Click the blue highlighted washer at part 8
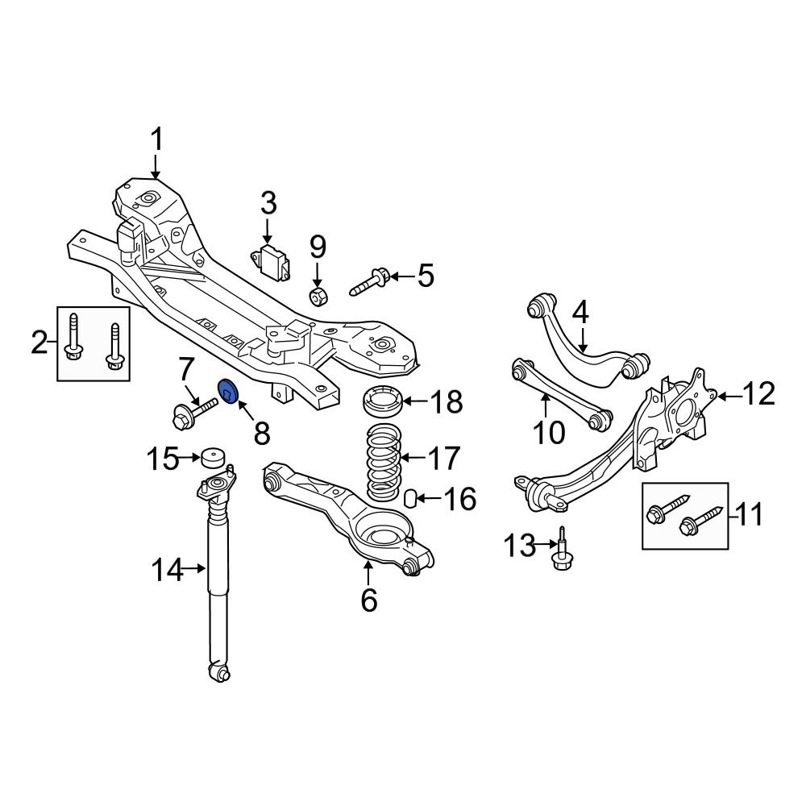[227, 393]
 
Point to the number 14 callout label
[168, 570]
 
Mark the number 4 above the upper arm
[580, 311]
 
